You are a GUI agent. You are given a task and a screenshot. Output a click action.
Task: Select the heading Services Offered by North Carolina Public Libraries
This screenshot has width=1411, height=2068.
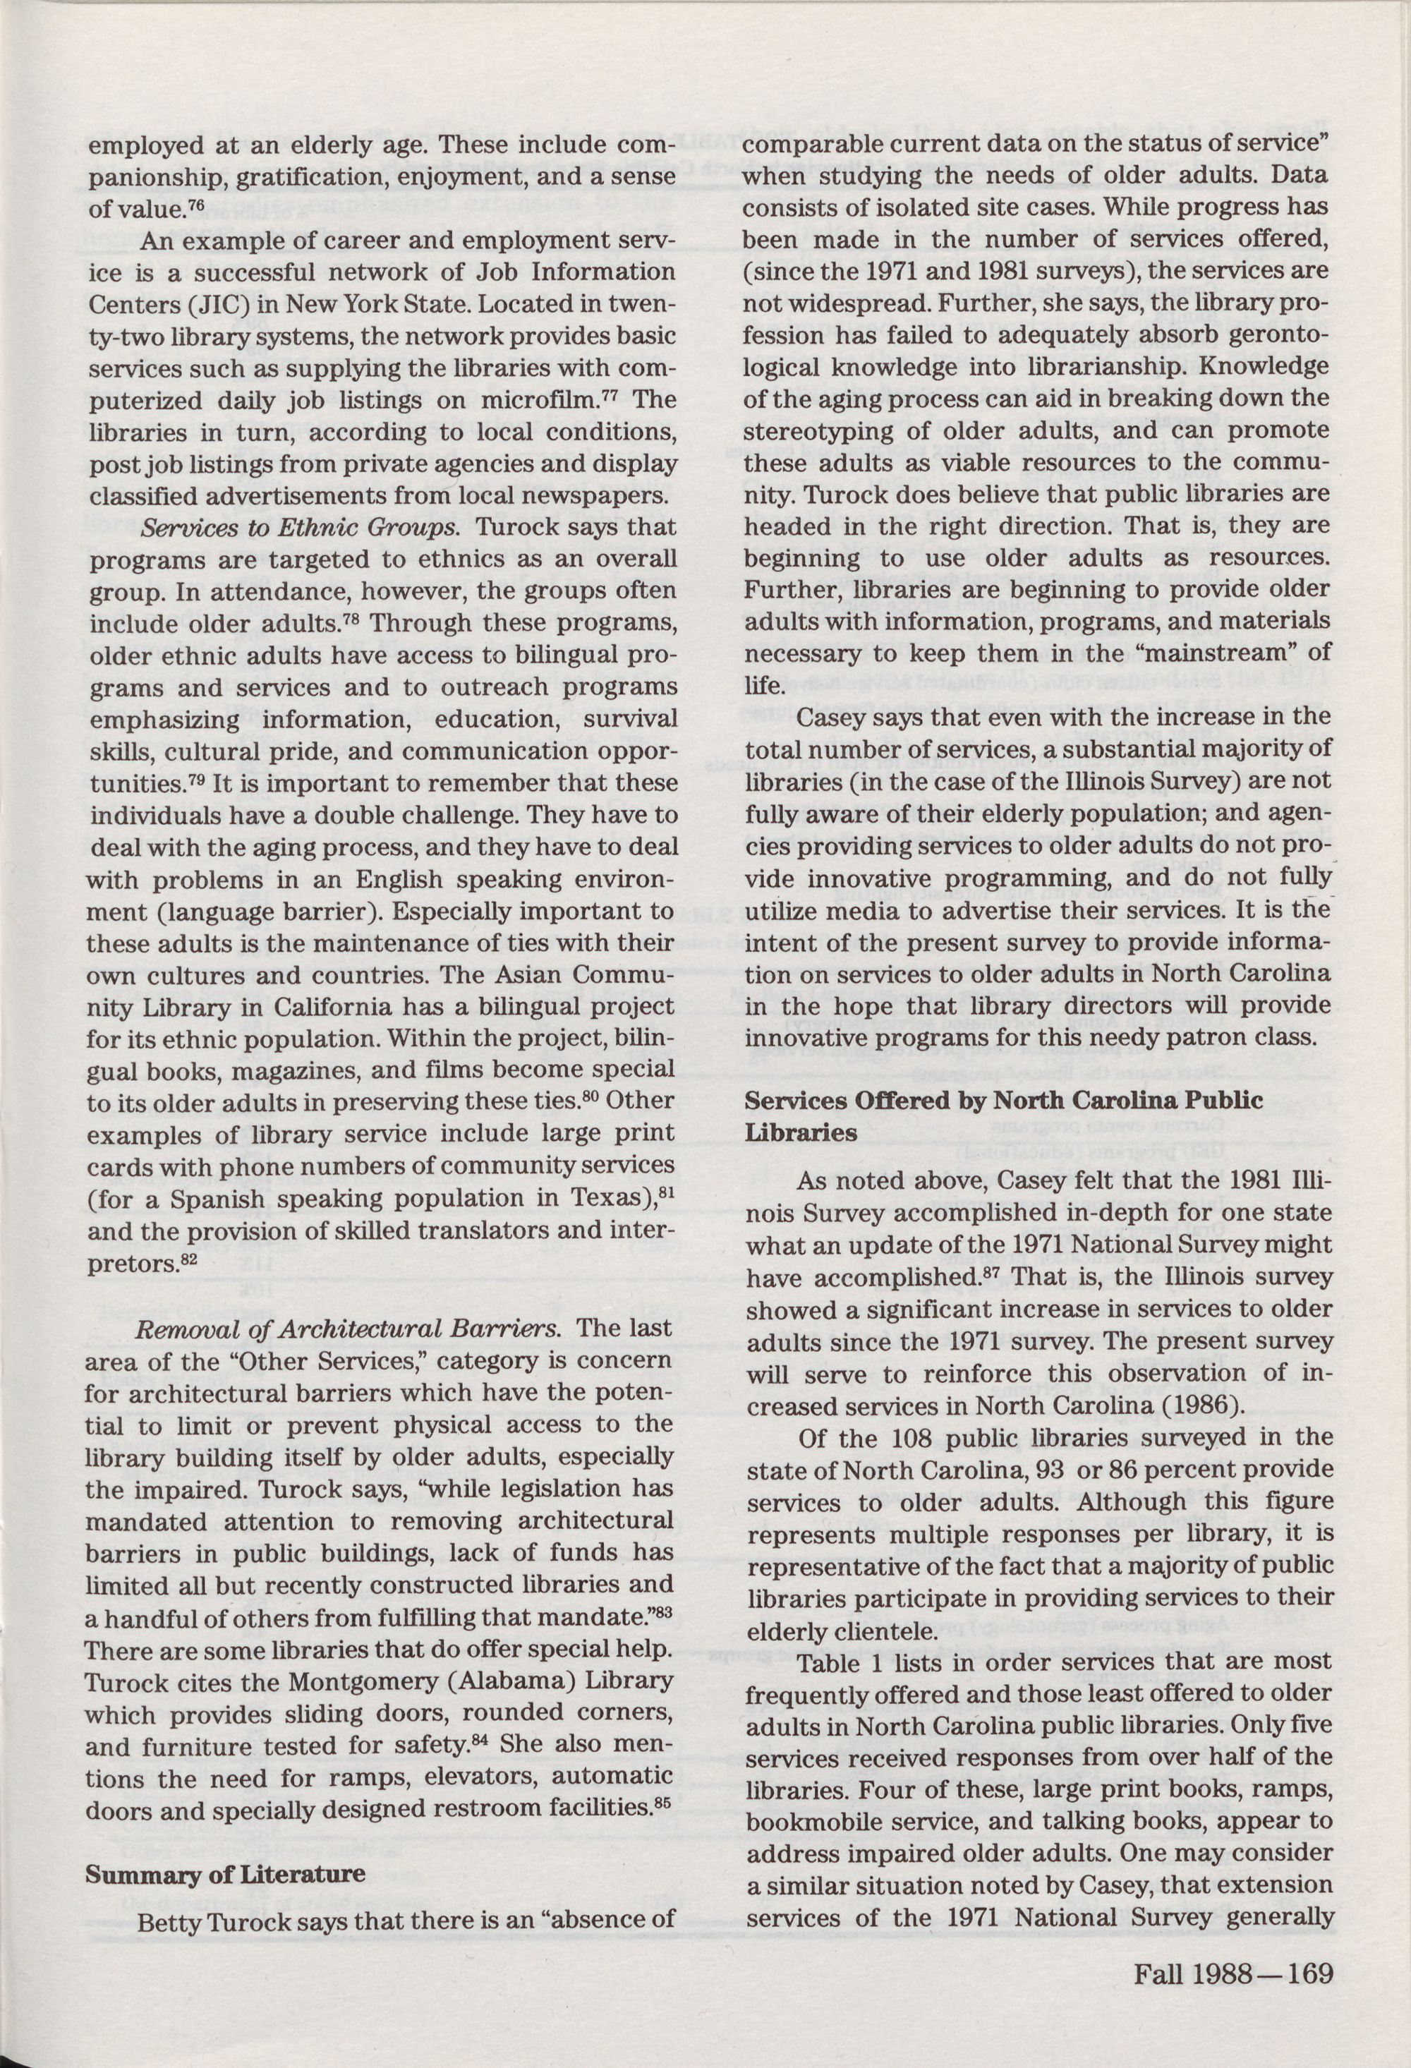(x=1003, y=1117)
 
